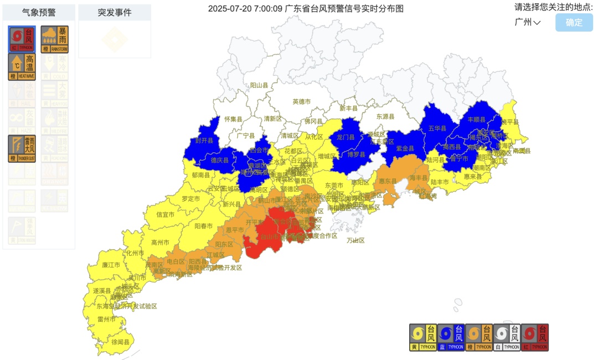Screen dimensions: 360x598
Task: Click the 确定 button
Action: click(574, 23)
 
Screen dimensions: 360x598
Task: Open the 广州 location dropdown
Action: click(527, 22)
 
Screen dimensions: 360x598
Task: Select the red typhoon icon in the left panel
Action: click(22, 39)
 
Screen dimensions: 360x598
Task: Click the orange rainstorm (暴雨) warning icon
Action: click(54, 39)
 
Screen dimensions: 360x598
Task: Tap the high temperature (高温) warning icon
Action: click(22, 67)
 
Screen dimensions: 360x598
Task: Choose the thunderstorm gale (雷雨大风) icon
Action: click(22, 149)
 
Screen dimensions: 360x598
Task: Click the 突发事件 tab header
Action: click(115, 12)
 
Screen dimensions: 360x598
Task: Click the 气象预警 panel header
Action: click(39, 12)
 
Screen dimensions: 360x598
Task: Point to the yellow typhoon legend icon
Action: click(423, 337)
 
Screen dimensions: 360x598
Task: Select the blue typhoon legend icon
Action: click(451, 337)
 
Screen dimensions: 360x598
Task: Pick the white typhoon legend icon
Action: click(507, 337)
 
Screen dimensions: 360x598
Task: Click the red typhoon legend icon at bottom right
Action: click(534, 337)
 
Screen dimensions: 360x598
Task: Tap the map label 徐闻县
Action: click(120, 343)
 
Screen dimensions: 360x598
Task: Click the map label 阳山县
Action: click(259, 85)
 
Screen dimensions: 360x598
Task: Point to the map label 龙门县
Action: click(345, 137)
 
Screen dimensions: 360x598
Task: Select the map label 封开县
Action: click(204, 141)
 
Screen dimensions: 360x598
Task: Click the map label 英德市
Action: click(302, 101)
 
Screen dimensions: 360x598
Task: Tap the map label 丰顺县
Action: click(476, 119)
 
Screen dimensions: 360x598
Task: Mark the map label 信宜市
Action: click(165, 214)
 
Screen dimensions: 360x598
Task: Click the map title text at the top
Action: click(306, 8)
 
